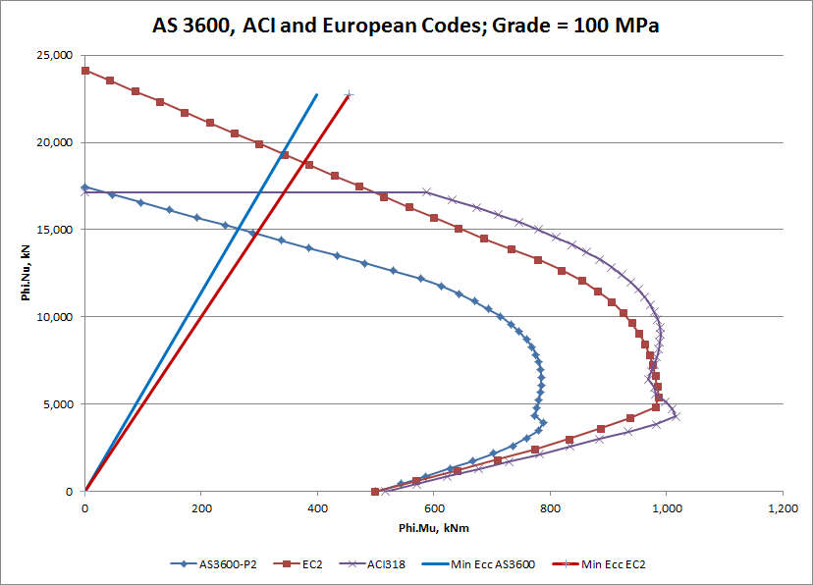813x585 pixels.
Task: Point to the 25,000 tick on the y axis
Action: click(55, 56)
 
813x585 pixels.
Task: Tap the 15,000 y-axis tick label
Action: click(55, 230)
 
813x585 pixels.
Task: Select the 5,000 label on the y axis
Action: click(58, 404)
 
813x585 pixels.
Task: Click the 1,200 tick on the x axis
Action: click(782, 509)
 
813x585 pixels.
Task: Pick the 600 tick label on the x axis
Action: click(434, 509)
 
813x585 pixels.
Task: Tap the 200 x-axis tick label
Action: click(201, 509)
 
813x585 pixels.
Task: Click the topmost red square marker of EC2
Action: click(85, 71)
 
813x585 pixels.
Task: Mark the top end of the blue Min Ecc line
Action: click(317, 95)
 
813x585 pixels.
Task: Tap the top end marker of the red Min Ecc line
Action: click(349, 95)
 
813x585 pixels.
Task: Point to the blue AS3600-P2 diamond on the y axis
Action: click(85, 187)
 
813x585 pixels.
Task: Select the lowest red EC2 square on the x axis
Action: click(375, 491)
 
